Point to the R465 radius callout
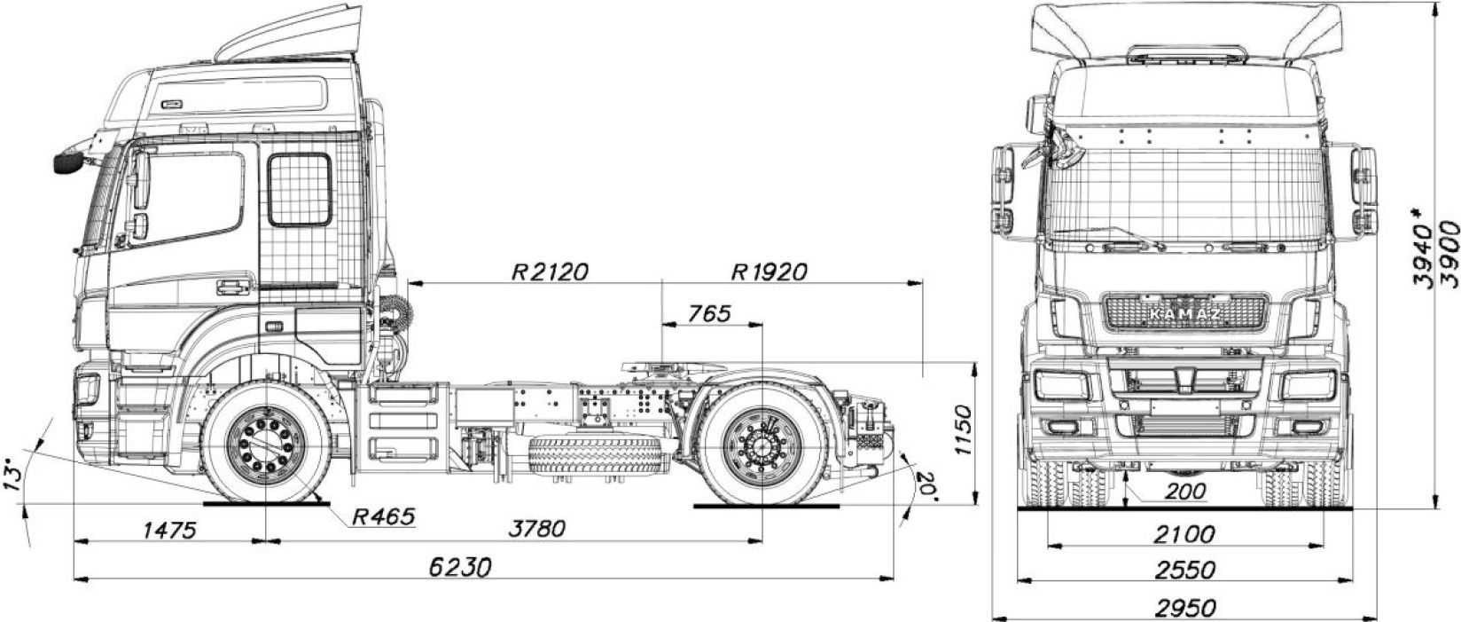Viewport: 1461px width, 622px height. tap(382, 516)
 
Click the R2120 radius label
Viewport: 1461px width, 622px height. tap(550, 271)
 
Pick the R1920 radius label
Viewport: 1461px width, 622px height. tap(769, 271)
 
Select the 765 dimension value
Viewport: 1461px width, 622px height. tap(708, 313)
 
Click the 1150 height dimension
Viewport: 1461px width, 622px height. tap(964, 433)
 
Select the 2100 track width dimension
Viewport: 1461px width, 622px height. tap(1184, 534)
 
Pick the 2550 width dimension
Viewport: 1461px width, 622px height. tap(1184, 570)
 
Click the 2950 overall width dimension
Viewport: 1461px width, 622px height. tap(1184, 608)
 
